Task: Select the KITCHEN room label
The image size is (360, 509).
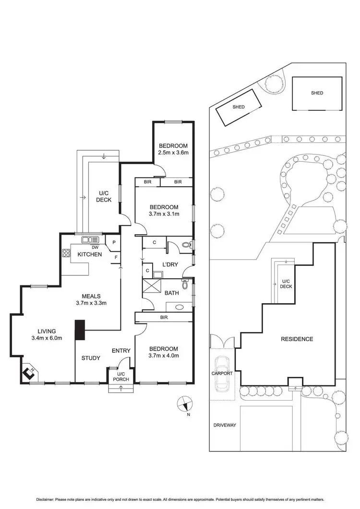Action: [x=90, y=254]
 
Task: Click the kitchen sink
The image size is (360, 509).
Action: [x=89, y=240]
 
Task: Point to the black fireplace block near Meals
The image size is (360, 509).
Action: [x=79, y=330]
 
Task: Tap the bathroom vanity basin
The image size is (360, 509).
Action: [x=180, y=307]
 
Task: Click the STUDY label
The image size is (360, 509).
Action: [x=90, y=358]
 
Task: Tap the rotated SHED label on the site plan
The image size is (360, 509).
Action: [x=239, y=107]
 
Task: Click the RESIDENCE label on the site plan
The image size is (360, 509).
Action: [x=297, y=339]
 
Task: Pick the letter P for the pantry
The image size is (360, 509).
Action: [x=114, y=243]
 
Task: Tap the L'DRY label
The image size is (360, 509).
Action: [x=170, y=265]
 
